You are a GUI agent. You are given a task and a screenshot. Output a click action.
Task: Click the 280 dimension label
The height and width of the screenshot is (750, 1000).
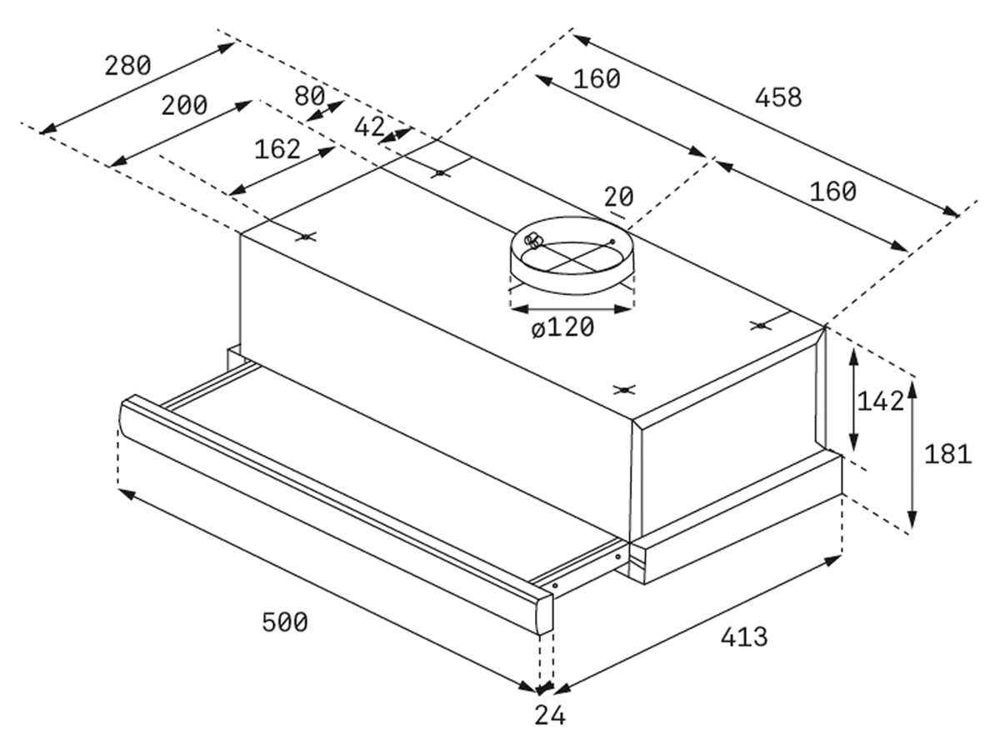click(127, 65)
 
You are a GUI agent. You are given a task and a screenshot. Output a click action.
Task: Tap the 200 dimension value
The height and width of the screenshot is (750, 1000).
click(184, 106)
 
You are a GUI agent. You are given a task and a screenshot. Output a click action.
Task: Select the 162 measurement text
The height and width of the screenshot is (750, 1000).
click(277, 149)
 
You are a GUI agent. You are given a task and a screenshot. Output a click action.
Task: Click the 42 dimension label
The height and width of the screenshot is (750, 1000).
click(369, 127)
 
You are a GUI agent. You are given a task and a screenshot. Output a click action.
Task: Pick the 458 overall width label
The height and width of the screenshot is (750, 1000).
click(777, 97)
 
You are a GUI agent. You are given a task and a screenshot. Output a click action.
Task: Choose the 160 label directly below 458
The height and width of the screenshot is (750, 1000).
click(832, 192)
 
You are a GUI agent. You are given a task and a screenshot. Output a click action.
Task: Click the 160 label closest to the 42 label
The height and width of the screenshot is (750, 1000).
click(597, 79)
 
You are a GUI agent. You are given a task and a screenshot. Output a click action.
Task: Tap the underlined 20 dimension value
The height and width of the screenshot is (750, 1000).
click(618, 197)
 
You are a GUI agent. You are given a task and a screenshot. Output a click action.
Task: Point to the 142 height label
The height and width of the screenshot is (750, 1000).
click(880, 402)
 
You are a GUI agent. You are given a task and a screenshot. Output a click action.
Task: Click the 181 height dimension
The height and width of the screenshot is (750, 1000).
click(947, 454)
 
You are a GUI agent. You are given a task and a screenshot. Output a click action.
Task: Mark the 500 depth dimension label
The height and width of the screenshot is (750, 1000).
click(284, 622)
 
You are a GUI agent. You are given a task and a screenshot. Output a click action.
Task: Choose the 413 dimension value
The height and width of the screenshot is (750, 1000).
click(743, 637)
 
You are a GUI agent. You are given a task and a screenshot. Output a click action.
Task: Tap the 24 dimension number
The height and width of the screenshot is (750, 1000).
click(550, 715)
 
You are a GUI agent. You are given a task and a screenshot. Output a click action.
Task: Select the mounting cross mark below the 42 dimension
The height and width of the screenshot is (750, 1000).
click(440, 173)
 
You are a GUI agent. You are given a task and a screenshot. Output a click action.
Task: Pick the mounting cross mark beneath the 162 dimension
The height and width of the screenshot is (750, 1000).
click(307, 237)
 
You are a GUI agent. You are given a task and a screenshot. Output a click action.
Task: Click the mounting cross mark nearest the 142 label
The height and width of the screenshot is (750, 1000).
click(759, 325)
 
